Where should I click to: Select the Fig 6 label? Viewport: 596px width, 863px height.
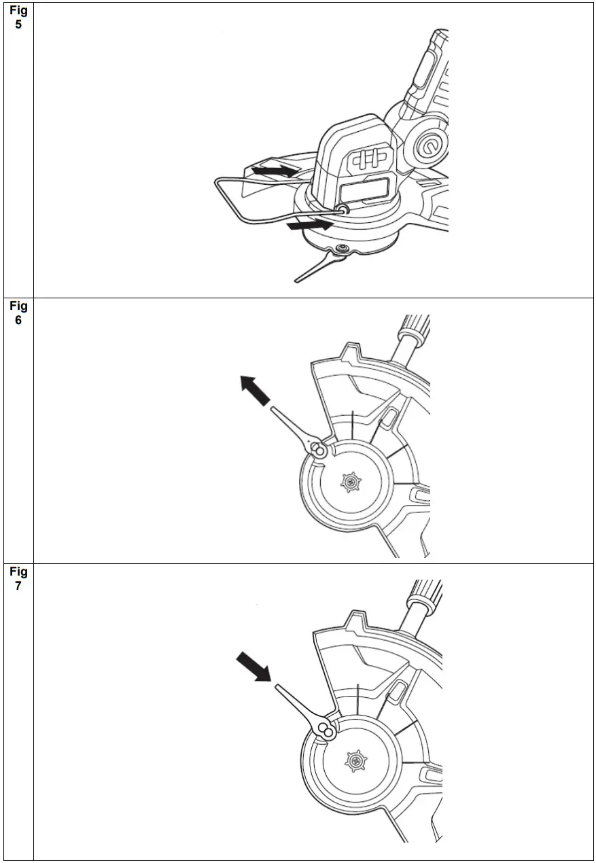[18, 314]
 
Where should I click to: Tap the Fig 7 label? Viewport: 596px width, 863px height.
[18, 579]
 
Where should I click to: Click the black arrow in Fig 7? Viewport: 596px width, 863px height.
[253, 666]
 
